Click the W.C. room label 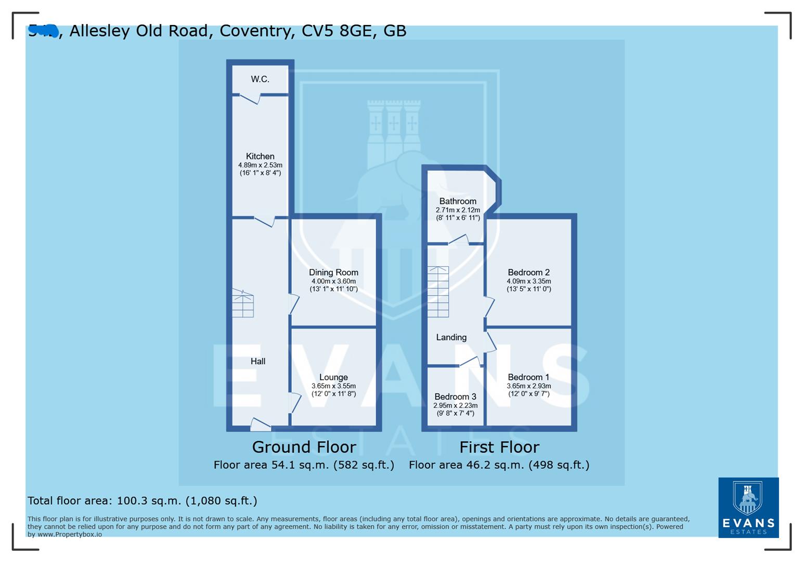(260, 79)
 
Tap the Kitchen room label (260, 156)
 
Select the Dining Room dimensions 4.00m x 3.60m (333, 282)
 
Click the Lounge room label (333, 377)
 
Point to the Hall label (258, 361)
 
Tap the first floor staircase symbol (438, 292)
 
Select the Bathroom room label (458, 201)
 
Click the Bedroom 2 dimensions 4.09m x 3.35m (529, 282)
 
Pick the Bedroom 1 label (528, 377)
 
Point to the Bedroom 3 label (455, 397)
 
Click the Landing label (451, 337)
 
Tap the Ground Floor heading (304, 447)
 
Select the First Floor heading (499, 447)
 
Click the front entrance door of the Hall (261, 425)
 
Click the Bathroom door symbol (459, 239)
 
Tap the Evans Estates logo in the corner (748, 507)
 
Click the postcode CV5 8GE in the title (337, 31)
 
